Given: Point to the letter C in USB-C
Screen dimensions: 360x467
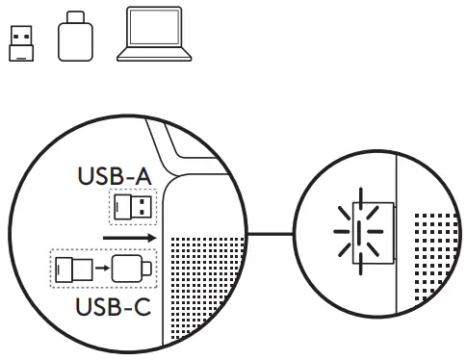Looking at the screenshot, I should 143,310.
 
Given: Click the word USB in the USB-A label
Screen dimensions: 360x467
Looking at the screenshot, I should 99,178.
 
